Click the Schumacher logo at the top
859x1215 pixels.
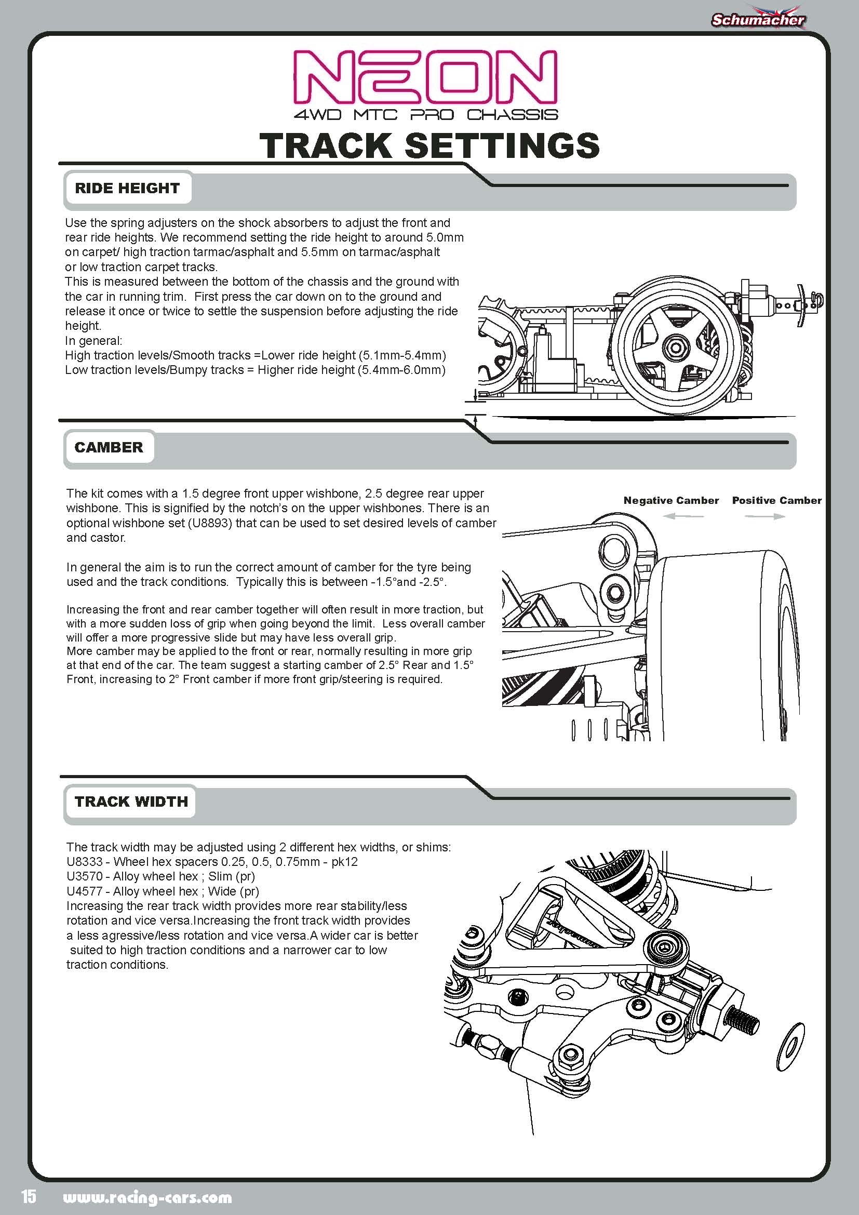(757, 20)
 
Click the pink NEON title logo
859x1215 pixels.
(425, 78)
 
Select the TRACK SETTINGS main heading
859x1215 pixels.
(429, 145)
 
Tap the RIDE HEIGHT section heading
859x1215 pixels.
(127, 188)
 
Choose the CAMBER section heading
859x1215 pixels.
(109, 447)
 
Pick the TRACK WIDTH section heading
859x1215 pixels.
(131, 801)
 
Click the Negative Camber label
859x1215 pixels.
(670, 500)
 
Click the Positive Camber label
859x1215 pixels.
(776, 500)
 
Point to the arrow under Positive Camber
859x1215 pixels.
(765, 516)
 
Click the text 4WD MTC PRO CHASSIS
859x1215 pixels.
(426, 114)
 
